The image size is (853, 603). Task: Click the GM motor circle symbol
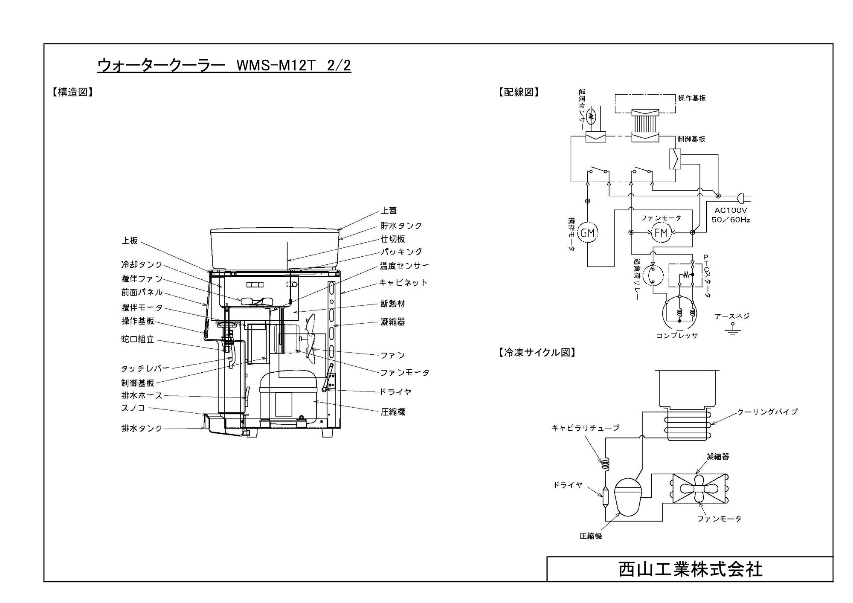click(588, 233)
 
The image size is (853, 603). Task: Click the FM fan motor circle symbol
click(661, 232)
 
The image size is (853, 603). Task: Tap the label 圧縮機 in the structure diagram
click(393, 412)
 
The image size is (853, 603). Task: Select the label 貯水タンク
click(401, 226)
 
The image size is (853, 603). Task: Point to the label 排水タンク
click(142, 428)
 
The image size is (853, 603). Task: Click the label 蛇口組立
click(138, 339)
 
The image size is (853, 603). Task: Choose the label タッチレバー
click(145, 368)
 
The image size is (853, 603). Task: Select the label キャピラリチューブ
click(585, 428)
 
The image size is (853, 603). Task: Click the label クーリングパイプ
click(767, 412)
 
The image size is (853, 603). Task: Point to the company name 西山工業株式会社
click(691, 570)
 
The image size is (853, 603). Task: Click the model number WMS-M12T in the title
click(276, 66)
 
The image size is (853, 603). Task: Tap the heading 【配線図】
click(519, 92)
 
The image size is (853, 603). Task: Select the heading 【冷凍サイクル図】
click(537, 353)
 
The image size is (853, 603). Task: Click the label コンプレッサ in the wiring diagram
click(677, 336)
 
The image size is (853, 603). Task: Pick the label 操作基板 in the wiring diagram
click(692, 98)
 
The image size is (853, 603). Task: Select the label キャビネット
click(403, 283)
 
